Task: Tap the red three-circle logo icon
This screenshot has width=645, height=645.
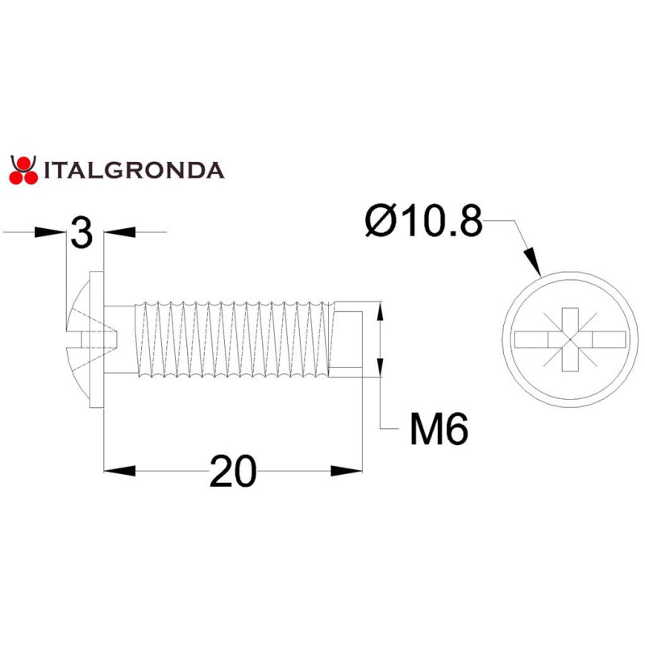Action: [23, 169]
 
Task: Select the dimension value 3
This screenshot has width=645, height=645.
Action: [81, 233]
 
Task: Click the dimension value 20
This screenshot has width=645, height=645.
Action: [233, 472]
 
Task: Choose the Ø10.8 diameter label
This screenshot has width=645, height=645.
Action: [422, 221]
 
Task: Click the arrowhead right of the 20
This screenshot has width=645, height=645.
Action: [347, 471]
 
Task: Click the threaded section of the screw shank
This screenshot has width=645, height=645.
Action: [234, 339]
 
